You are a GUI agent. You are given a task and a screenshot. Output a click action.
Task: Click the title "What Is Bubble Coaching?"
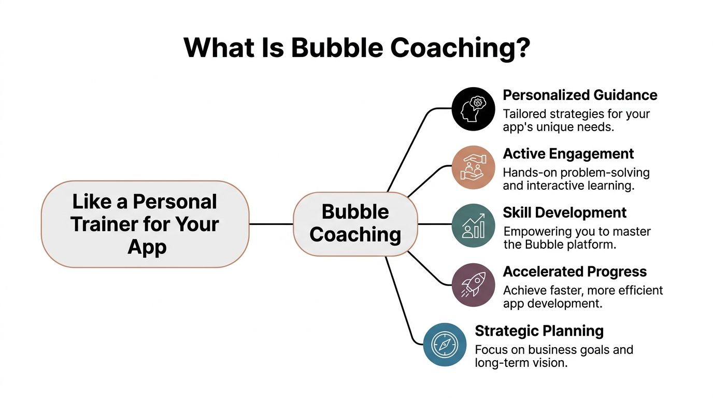click(356, 48)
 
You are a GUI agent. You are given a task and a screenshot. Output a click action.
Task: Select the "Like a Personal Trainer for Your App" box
click(145, 224)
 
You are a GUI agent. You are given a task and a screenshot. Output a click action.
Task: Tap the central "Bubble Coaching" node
click(355, 224)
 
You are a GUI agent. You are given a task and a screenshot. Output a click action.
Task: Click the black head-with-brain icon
click(473, 109)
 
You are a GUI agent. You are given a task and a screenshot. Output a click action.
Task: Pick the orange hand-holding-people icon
click(473, 168)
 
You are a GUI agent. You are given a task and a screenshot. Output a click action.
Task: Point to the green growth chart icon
click(473, 226)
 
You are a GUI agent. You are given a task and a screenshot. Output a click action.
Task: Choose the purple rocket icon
click(473, 285)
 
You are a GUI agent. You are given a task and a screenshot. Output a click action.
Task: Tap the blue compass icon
click(445, 345)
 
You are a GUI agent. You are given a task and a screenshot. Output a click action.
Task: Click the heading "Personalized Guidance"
click(580, 95)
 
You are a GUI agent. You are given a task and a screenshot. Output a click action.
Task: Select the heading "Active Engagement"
click(568, 154)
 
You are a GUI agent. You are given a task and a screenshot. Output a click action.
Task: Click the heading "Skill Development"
click(565, 212)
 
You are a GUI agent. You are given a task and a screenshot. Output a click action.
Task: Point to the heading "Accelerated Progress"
click(575, 272)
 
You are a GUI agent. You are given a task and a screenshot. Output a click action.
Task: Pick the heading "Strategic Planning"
click(539, 331)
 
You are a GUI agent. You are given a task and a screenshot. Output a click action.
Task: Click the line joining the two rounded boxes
click(271, 224)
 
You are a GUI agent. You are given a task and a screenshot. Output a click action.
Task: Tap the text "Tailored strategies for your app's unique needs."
click(576, 120)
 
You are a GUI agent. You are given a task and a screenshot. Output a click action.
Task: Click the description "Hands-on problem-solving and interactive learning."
click(576, 179)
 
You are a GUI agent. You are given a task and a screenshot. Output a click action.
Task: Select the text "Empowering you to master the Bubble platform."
click(576, 238)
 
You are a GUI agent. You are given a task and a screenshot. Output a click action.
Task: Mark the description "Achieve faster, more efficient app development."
click(582, 297)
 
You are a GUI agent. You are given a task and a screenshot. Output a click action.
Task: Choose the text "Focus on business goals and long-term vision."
click(553, 356)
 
